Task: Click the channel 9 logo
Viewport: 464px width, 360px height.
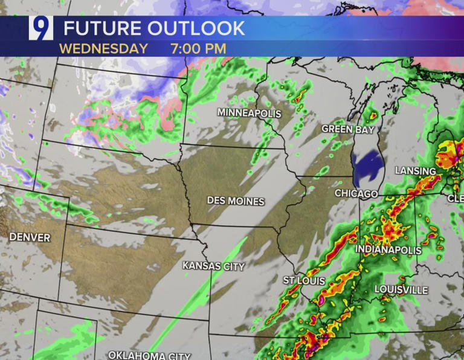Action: pyautogui.click(x=40, y=28)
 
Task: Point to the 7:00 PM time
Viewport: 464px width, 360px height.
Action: pyautogui.click(x=198, y=48)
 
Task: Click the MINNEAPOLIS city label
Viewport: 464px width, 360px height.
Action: pyautogui.click(x=250, y=113)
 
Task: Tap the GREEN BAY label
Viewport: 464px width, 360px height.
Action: pyautogui.click(x=347, y=129)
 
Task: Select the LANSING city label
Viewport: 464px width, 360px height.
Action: pyautogui.click(x=416, y=171)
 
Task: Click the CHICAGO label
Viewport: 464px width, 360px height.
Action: pyautogui.click(x=357, y=194)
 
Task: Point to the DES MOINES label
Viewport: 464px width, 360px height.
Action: pyautogui.click(x=236, y=201)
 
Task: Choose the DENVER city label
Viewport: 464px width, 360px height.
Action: pyautogui.click(x=30, y=237)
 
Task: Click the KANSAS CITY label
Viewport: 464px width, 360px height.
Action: pyautogui.click(x=213, y=266)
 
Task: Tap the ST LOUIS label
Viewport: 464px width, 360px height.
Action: pyautogui.click(x=304, y=281)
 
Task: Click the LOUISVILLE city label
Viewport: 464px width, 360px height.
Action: pyautogui.click(x=401, y=290)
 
